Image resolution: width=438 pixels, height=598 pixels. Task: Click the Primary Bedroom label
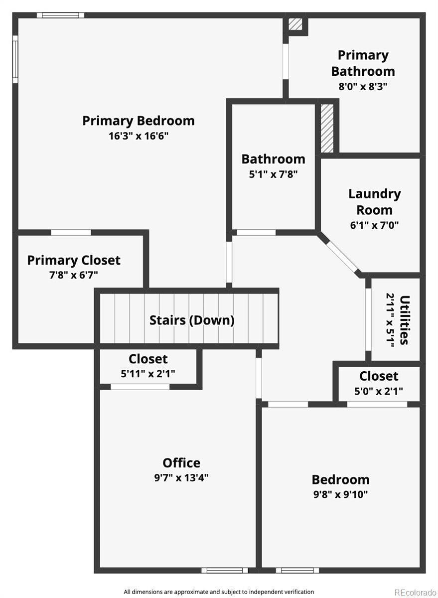coord(138,121)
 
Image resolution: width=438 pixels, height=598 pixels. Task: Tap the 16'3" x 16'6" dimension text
coord(138,136)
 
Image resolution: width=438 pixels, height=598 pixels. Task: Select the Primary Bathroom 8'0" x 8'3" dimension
coord(363,87)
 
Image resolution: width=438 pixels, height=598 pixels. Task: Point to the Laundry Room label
coord(375,202)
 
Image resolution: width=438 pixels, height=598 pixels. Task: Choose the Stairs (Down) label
coord(192,320)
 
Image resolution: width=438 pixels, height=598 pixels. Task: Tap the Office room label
coord(181,462)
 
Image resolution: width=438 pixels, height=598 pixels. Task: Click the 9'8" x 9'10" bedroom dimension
coord(340,494)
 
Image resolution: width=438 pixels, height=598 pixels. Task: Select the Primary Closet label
coord(74,261)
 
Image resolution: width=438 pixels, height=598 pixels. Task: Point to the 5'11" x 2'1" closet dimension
coord(148,373)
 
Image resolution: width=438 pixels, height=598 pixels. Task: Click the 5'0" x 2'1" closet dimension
coord(379,391)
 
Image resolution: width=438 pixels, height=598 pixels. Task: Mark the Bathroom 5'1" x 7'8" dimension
coord(274,174)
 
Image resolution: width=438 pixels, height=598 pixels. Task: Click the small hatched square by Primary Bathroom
coord(295,24)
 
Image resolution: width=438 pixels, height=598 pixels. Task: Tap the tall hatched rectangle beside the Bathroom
coord(327,128)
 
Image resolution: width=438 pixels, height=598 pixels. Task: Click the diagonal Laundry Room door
coord(341,256)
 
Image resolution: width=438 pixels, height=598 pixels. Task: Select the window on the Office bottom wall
coord(225,571)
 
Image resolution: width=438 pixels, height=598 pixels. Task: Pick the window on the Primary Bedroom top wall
coord(61,15)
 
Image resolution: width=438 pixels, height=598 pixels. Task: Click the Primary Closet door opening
coord(71,233)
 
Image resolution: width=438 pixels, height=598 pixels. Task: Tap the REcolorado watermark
coord(415,593)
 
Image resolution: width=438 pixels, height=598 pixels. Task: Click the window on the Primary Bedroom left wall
coord(15,59)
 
